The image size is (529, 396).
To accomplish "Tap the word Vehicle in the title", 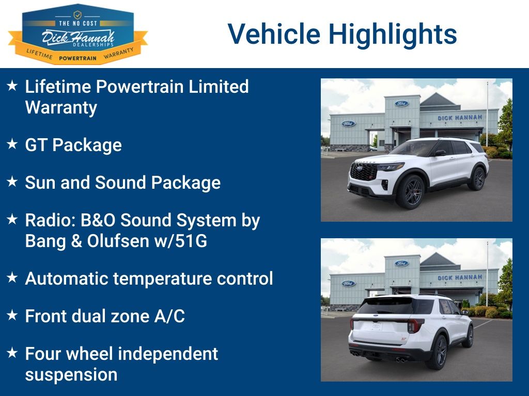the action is click(274, 34).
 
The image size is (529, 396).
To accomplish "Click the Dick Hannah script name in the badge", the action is click(78, 38).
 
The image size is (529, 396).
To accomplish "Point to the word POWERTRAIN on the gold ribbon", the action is click(77, 58).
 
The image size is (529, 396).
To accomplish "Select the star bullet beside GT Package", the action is click(12, 144).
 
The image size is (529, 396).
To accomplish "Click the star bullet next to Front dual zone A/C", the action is click(12, 315).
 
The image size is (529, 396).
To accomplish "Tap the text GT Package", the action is click(73, 145).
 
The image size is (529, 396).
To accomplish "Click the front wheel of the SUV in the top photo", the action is click(411, 192).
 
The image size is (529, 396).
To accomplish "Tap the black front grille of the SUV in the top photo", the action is click(363, 171).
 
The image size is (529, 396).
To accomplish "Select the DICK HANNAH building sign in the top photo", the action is click(459, 118).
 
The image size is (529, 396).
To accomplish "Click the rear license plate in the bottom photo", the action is click(376, 326).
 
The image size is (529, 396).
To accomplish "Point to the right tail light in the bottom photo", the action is click(415, 326).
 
